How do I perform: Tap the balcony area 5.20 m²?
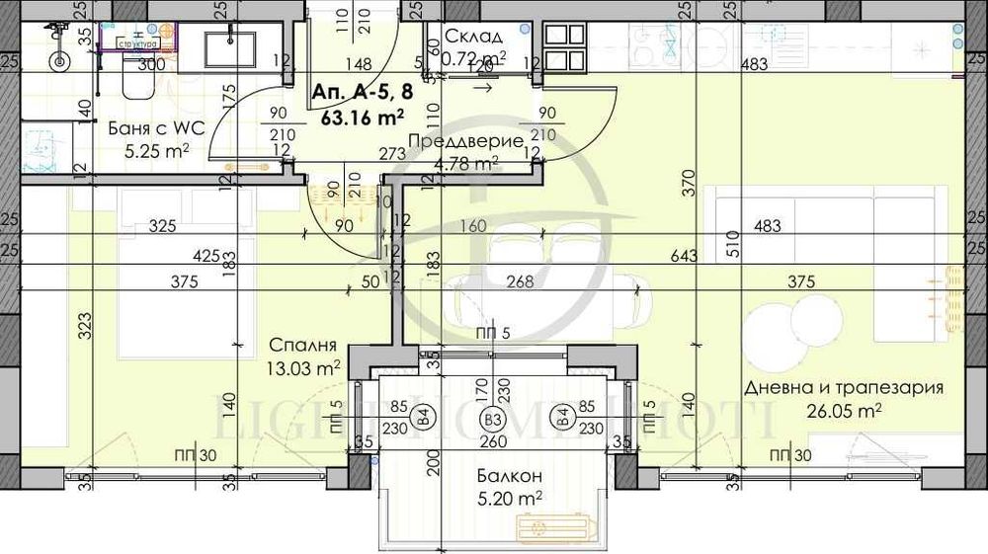510,501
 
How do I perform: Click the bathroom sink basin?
230,48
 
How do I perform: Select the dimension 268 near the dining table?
519,282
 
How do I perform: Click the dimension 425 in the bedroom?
206,257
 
